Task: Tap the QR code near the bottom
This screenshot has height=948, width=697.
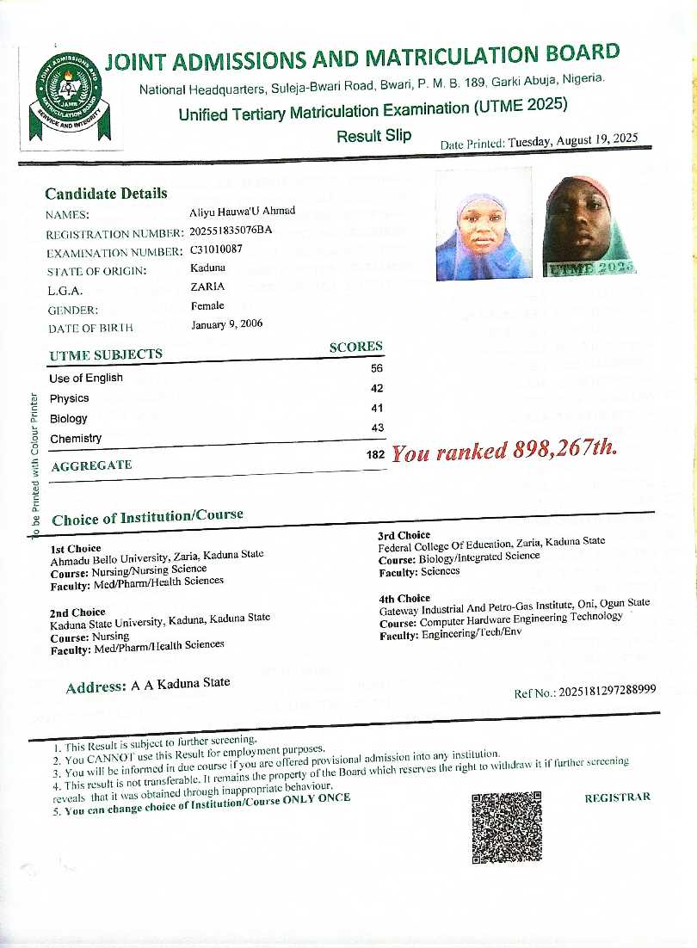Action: click(506, 828)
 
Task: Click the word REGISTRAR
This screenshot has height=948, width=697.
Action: click(617, 797)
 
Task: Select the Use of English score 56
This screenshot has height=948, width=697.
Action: click(376, 368)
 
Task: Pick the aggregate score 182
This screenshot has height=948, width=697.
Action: click(374, 454)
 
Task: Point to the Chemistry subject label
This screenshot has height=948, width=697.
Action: click(76, 439)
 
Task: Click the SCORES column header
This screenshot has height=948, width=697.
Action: click(356, 347)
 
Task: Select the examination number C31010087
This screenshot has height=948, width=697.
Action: click(217, 249)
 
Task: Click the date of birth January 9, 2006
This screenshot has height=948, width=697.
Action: click(227, 324)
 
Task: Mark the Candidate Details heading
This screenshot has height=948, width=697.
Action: click(106, 194)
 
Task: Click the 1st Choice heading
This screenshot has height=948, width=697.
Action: click(76, 548)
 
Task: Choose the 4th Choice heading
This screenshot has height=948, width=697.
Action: click(404, 598)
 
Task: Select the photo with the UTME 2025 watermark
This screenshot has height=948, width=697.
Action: click(589, 226)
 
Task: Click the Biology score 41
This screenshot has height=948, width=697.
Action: click(376, 409)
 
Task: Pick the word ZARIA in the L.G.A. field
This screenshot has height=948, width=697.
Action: click(207, 287)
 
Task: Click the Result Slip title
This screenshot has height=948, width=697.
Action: click(373, 136)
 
